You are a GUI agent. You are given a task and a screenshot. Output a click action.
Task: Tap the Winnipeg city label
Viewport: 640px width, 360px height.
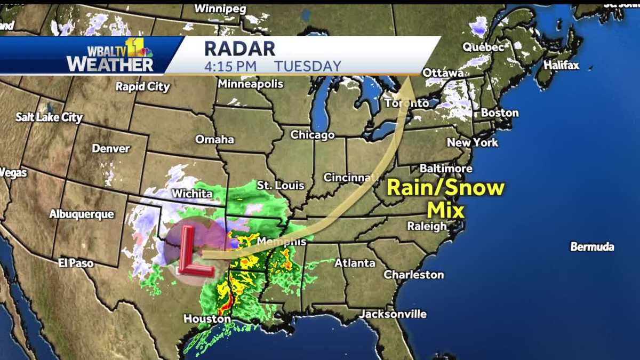point(220,9)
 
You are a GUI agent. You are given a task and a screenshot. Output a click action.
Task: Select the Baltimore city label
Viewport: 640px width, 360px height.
point(446,169)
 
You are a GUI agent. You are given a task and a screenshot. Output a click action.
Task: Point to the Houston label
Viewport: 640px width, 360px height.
point(207,319)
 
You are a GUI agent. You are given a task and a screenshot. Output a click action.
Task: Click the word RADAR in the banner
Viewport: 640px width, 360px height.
point(239,49)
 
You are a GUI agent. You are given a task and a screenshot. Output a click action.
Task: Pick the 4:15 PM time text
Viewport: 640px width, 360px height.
point(230,66)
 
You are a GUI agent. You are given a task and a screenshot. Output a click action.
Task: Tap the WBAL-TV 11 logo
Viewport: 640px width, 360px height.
point(110,55)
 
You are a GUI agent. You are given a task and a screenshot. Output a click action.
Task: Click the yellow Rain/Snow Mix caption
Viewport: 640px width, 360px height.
point(445,198)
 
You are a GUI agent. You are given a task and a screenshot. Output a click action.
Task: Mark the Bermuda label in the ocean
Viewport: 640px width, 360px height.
point(592,247)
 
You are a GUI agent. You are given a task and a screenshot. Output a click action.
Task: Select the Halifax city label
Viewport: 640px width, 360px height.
point(561,66)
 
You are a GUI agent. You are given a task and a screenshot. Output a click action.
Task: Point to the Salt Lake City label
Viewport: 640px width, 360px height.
point(49,117)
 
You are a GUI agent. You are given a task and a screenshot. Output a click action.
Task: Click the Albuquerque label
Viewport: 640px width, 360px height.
point(82,214)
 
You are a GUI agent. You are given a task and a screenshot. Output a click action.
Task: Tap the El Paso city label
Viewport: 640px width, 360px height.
point(76,263)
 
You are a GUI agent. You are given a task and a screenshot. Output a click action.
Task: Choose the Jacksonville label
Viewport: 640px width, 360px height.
point(393,314)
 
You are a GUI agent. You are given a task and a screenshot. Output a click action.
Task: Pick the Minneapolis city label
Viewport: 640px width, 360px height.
point(250,84)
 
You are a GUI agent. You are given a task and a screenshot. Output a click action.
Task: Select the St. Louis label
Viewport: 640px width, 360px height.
point(281,186)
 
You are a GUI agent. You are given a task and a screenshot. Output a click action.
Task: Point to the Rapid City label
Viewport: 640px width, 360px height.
point(142,86)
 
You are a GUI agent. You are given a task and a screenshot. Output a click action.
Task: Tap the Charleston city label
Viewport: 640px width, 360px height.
point(414,275)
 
